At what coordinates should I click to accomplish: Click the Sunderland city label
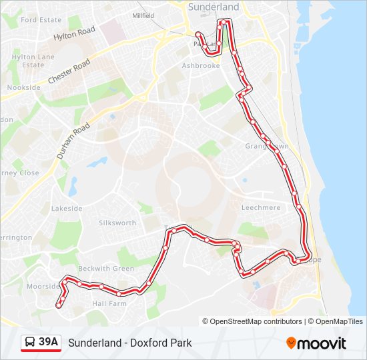pyautogui.click(x=214, y=7)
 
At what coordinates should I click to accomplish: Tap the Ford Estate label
pyautogui.click(x=41, y=20)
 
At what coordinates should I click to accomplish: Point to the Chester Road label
pyautogui.click(x=69, y=72)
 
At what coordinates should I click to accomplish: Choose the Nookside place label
pyautogui.click(x=24, y=87)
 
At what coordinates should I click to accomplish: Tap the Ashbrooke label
pyautogui.click(x=200, y=66)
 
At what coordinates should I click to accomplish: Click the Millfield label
pyautogui.click(x=143, y=15)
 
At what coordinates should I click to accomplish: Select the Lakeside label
pyautogui.click(x=67, y=209)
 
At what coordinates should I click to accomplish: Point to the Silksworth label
pyautogui.click(x=117, y=223)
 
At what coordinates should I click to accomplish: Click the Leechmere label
pyautogui.click(x=261, y=208)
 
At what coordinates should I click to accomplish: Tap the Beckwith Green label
pyautogui.click(x=105, y=269)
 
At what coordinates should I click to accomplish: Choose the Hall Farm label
pyautogui.click(x=109, y=303)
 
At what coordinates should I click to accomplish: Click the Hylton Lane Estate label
pyautogui.click(x=33, y=61)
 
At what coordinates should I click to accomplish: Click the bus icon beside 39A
pyautogui.click(x=30, y=343)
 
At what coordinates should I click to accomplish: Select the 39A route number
pyautogui.click(x=49, y=343)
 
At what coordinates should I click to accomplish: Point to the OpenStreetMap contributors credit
pyautogui.click(x=252, y=321)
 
